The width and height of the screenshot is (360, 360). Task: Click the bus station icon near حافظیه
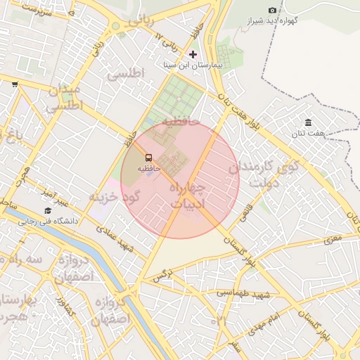point(148,157)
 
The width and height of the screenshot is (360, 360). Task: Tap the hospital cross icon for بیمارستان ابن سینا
point(193,54)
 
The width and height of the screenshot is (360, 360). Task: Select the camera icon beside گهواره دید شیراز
point(272,10)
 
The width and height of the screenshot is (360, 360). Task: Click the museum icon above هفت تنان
point(308,123)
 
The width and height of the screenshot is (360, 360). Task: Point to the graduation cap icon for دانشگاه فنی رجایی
point(48,210)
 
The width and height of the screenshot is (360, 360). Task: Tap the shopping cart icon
point(15,84)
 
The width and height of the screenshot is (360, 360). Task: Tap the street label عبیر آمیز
point(53,197)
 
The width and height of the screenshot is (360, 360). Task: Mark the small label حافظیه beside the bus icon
point(148,169)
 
